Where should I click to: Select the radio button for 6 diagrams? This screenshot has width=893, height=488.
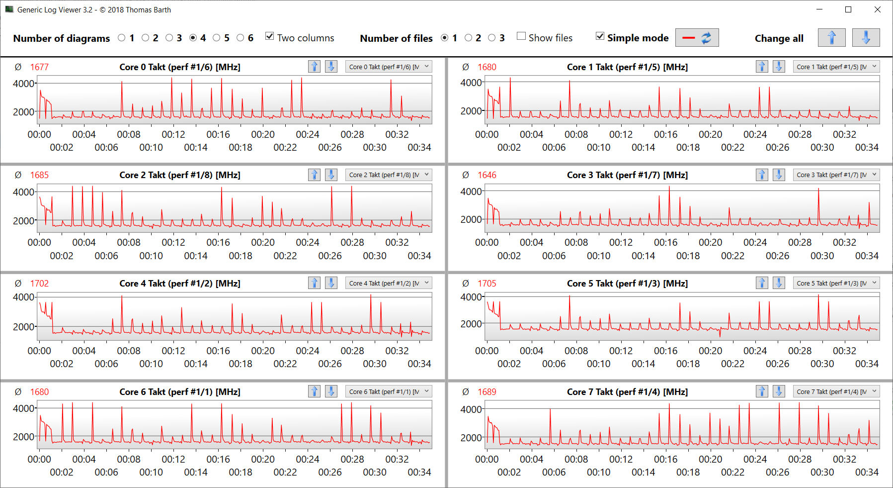click(241, 38)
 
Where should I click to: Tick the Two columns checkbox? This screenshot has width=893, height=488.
click(270, 36)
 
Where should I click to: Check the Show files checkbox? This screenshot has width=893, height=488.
click(521, 36)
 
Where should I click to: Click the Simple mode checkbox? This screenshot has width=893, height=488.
click(600, 36)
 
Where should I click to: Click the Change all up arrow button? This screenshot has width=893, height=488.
click(831, 38)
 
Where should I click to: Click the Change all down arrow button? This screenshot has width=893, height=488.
click(866, 38)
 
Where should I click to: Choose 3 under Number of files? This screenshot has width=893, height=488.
click(492, 38)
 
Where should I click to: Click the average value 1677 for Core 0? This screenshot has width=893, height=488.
click(39, 67)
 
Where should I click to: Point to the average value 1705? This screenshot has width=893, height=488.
click(487, 284)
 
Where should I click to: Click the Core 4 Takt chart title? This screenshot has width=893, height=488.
click(179, 284)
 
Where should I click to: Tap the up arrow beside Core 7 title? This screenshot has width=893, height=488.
click(762, 391)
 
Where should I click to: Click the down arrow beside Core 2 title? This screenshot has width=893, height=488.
click(331, 175)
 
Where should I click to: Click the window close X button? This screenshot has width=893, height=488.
click(878, 9)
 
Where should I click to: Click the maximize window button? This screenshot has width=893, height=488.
click(848, 9)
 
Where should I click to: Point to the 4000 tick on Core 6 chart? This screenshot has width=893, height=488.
click(23, 408)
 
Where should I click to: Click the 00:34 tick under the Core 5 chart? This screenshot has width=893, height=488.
click(867, 364)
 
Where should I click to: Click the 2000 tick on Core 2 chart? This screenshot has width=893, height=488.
click(23, 221)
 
